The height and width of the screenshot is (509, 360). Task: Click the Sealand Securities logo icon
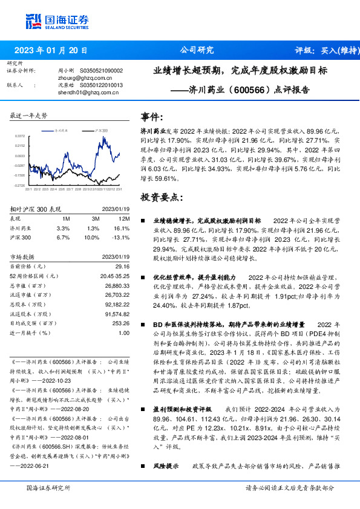click(33, 21)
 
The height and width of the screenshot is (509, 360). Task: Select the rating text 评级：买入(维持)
click(323, 51)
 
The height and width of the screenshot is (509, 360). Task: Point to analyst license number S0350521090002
click(102, 71)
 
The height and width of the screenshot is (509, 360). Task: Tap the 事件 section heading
click(152, 117)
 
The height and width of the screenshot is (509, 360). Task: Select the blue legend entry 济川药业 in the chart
click(63, 130)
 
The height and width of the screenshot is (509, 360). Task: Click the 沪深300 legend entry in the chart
click(101, 130)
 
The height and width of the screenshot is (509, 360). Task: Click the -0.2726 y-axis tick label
click(20, 186)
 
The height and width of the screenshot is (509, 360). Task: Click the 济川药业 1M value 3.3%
click(63, 229)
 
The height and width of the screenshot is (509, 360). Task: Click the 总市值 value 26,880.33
click(117, 285)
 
